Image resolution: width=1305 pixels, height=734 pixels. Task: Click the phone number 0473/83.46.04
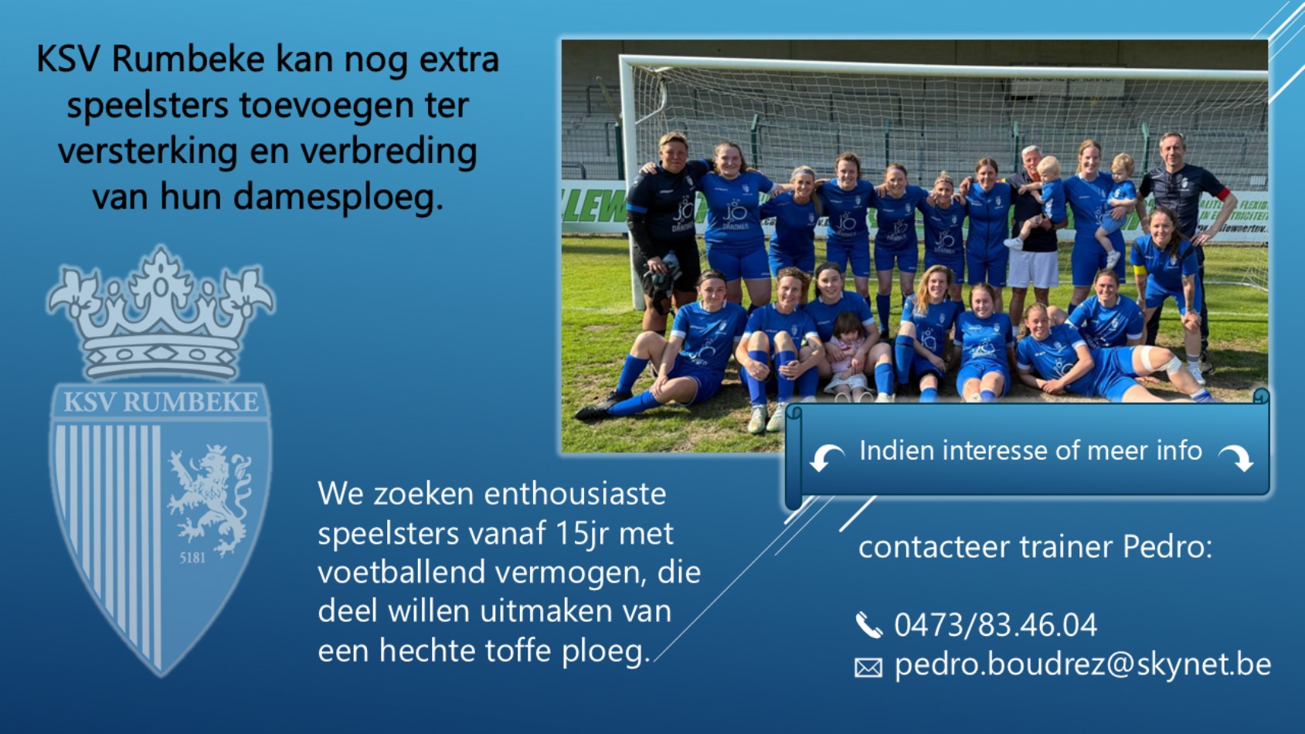coord(995,624)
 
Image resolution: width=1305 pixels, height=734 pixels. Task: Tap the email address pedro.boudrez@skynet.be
coord(1082,664)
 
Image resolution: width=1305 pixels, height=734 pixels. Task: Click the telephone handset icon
coord(868,625)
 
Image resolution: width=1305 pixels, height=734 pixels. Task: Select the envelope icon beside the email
coord(868,668)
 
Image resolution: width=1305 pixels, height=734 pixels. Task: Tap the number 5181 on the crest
coord(192,559)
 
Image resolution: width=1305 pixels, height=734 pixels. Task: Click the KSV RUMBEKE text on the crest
coord(161,402)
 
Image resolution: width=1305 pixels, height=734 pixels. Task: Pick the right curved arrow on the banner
coord(1236,458)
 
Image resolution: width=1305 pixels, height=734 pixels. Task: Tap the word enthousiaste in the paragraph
coord(575,494)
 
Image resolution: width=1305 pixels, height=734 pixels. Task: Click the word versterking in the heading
coord(148,151)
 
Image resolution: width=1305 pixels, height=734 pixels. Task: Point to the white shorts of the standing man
coord(1032,269)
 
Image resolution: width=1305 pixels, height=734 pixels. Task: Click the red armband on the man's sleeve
coord(1222,193)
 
